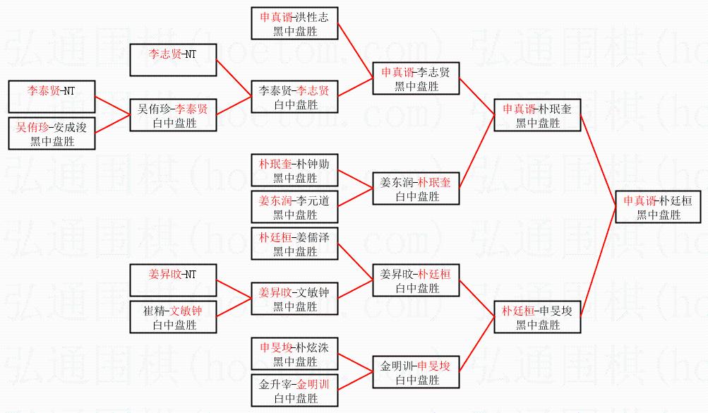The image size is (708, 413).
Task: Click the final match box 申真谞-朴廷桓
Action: click(659, 208)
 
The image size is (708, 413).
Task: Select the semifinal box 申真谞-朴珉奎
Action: click(538, 116)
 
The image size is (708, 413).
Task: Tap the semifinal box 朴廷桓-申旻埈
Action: click(538, 318)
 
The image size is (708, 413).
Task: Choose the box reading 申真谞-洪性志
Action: click(295, 24)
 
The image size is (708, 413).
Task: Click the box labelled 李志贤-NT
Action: click(173, 60)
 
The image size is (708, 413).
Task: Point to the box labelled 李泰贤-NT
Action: click(52, 97)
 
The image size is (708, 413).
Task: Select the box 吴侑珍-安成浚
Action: click(52, 133)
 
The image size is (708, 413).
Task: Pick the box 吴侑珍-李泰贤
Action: click(173, 116)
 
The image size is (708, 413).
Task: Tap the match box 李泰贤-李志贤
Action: click(295, 97)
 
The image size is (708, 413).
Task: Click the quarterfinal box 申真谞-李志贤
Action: click(416, 79)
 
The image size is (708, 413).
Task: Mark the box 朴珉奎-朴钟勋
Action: click(295, 171)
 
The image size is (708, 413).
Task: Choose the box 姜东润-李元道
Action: click(295, 208)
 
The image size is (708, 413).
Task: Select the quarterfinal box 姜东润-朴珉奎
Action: click(416, 189)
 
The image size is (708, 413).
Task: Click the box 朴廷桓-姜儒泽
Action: click(295, 244)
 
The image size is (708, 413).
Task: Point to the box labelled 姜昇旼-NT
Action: click(173, 281)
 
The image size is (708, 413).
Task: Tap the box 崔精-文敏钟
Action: click(173, 318)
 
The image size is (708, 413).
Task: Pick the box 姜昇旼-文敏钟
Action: click(295, 299)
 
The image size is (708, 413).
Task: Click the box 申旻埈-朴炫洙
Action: click(295, 354)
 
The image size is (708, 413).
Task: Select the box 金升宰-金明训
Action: click(295, 391)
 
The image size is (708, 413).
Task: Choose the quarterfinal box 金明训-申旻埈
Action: click(416, 373)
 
